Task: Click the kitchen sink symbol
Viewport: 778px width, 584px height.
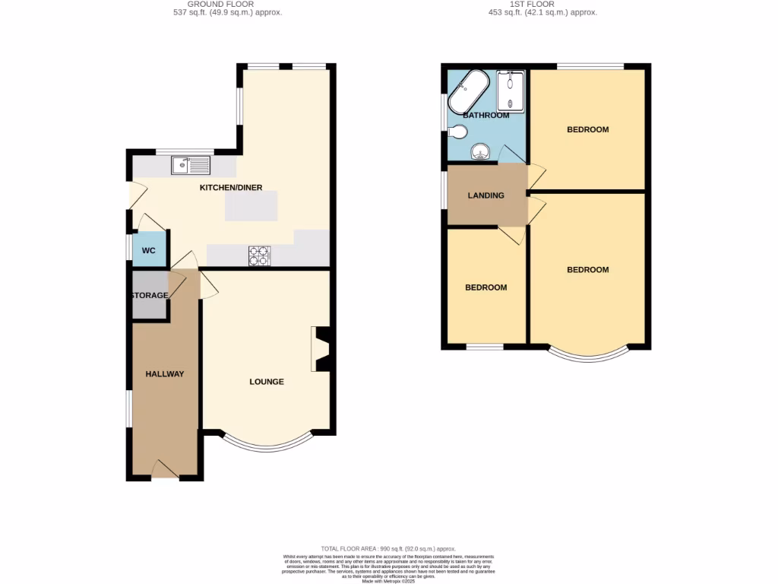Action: pyautogui.click(x=191, y=164)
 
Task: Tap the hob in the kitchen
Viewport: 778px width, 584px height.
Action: pyautogui.click(x=259, y=256)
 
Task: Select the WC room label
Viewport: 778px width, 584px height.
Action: pyautogui.click(x=148, y=250)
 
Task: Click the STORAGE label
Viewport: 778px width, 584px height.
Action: pyautogui.click(x=148, y=295)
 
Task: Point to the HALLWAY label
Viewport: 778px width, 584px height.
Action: pyautogui.click(x=165, y=374)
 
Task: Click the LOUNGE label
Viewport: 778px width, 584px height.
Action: pyautogui.click(x=267, y=382)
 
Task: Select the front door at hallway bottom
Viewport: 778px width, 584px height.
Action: pyautogui.click(x=165, y=471)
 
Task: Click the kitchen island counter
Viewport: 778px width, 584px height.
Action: pyautogui.click(x=251, y=206)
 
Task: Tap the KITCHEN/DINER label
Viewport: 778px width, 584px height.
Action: pyautogui.click(x=228, y=187)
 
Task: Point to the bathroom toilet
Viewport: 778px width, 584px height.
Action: pyautogui.click(x=457, y=132)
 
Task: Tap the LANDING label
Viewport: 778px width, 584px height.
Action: pyautogui.click(x=485, y=195)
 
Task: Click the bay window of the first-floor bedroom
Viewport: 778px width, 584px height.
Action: pyautogui.click(x=590, y=354)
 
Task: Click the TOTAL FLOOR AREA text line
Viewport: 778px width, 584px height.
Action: pyautogui.click(x=388, y=548)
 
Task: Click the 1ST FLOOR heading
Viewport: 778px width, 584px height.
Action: pyautogui.click(x=542, y=4)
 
